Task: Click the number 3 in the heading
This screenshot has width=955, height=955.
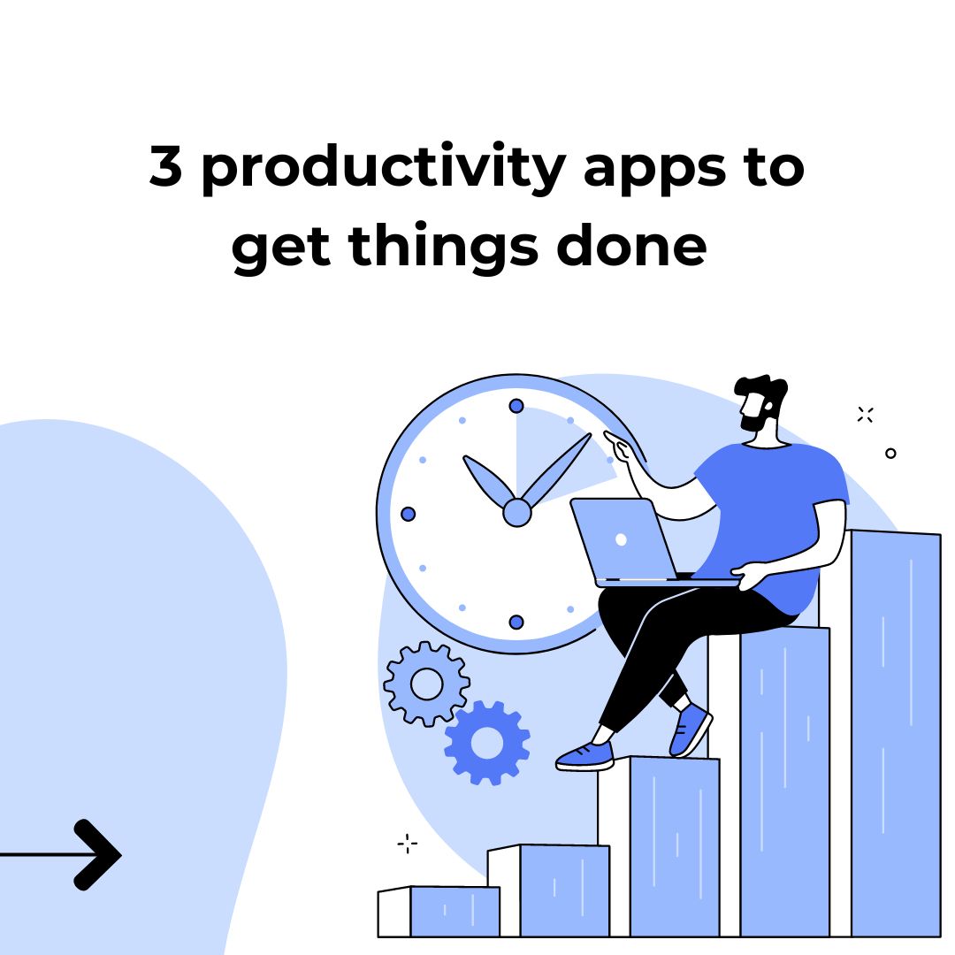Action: (165, 165)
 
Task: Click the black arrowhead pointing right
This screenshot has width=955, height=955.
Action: (97, 855)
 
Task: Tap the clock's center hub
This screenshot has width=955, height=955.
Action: (517, 512)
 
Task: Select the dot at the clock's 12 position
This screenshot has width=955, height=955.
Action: (516, 406)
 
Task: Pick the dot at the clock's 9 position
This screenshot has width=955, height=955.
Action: (408, 514)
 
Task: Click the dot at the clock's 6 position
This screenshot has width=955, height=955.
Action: (516, 622)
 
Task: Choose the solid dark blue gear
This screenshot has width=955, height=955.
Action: (487, 743)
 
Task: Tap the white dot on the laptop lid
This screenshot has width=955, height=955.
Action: (622, 539)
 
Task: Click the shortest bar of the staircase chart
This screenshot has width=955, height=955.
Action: (439, 911)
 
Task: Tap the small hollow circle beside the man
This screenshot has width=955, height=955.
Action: (890, 453)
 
